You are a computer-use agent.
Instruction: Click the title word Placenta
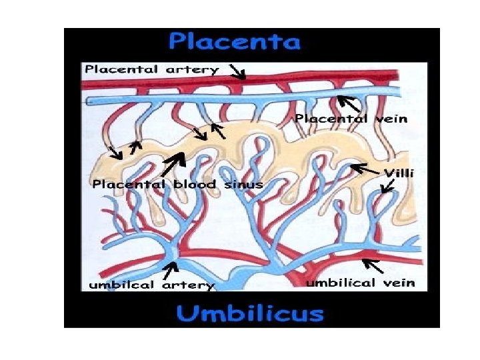pyautogui.click(x=235, y=43)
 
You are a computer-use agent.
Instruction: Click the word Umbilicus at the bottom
pyautogui.click(x=249, y=313)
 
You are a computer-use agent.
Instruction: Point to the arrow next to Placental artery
pyautogui.click(x=237, y=71)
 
